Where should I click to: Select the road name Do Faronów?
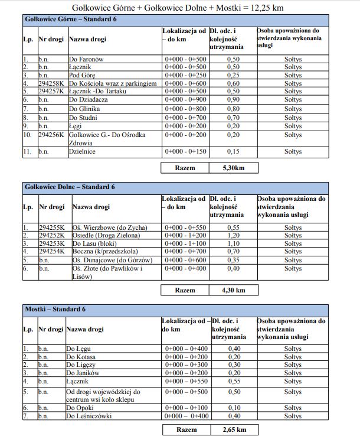86,60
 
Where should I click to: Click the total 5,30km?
233,168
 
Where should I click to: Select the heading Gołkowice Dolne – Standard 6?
70,187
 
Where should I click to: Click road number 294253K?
53,243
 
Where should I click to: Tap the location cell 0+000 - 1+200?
185,235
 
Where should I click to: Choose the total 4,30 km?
233,290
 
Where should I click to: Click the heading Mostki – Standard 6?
55,309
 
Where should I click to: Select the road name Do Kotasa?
81,357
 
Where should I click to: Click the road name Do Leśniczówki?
89,417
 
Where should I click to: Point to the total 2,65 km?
234,430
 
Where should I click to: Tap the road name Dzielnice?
82,152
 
